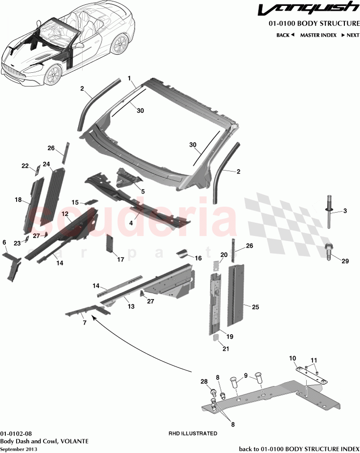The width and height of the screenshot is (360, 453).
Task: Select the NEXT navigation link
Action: tap(350, 35)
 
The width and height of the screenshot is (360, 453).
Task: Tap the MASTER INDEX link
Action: tap(317, 35)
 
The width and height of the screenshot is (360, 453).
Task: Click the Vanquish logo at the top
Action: tap(308, 9)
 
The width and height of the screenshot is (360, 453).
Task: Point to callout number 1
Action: tap(129, 78)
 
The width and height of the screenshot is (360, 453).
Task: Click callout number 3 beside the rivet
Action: tap(344, 211)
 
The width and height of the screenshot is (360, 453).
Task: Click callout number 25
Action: tap(255, 307)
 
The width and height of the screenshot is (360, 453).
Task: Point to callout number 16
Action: tap(198, 258)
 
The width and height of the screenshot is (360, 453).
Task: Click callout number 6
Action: tap(4, 242)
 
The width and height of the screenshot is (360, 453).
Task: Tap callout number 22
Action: tap(25, 166)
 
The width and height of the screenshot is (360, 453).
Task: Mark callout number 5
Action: tap(143, 192)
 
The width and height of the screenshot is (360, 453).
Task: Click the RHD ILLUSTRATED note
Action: tap(192, 433)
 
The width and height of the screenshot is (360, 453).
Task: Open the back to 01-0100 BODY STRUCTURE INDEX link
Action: tap(298, 449)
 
